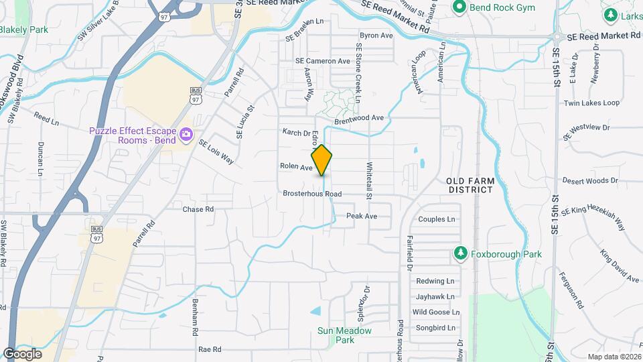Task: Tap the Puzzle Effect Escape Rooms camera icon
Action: [186, 136]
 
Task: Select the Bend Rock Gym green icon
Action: [459, 7]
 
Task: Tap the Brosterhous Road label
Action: [312, 194]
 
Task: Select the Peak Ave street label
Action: [362, 216]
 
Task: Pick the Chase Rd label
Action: [198, 209]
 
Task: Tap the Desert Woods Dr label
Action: [590, 181]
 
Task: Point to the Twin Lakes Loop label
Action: [591, 103]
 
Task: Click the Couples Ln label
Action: [436, 219]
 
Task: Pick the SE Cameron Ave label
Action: [323, 61]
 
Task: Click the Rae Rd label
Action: [210, 350]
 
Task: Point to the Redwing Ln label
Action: [435, 281]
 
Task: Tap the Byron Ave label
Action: [376, 35]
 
